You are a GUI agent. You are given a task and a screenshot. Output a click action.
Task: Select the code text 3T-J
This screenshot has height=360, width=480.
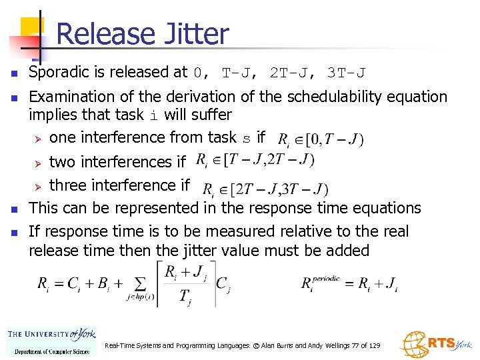pyautogui.click(x=346, y=73)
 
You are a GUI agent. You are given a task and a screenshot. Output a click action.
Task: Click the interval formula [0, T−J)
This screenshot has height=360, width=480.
pyautogui.click(x=320, y=140)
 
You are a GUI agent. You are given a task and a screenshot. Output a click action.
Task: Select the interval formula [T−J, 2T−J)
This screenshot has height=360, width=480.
pyautogui.click(x=255, y=161)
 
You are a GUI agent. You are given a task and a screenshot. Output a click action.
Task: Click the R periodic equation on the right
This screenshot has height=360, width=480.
pyautogui.click(x=349, y=284)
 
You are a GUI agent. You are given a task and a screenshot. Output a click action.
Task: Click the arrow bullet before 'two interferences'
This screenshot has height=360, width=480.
pyautogui.click(x=39, y=163)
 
